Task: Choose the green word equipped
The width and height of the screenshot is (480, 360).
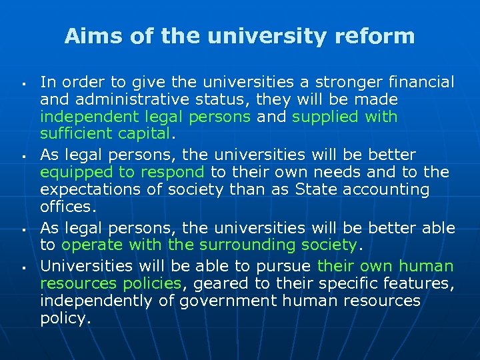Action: pyautogui.click(x=72, y=172)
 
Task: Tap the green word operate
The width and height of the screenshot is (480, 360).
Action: pyautogui.click(x=91, y=245)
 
